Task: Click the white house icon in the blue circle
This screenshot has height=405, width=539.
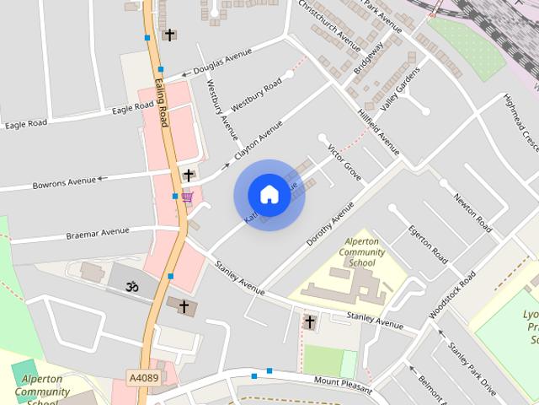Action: point(269,195)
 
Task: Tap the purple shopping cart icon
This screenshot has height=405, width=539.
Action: point(187,197)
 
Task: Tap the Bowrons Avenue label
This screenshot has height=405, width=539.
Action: point(65,181)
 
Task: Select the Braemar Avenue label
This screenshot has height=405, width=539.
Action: point(98,231)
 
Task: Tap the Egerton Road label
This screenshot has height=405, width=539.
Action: point(428,241)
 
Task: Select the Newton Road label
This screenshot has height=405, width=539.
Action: point(472,212)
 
